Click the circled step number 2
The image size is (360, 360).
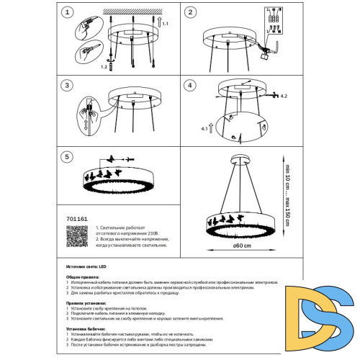191,12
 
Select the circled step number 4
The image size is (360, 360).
191,85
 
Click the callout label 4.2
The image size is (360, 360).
283,96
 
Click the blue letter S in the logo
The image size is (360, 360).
323,332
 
